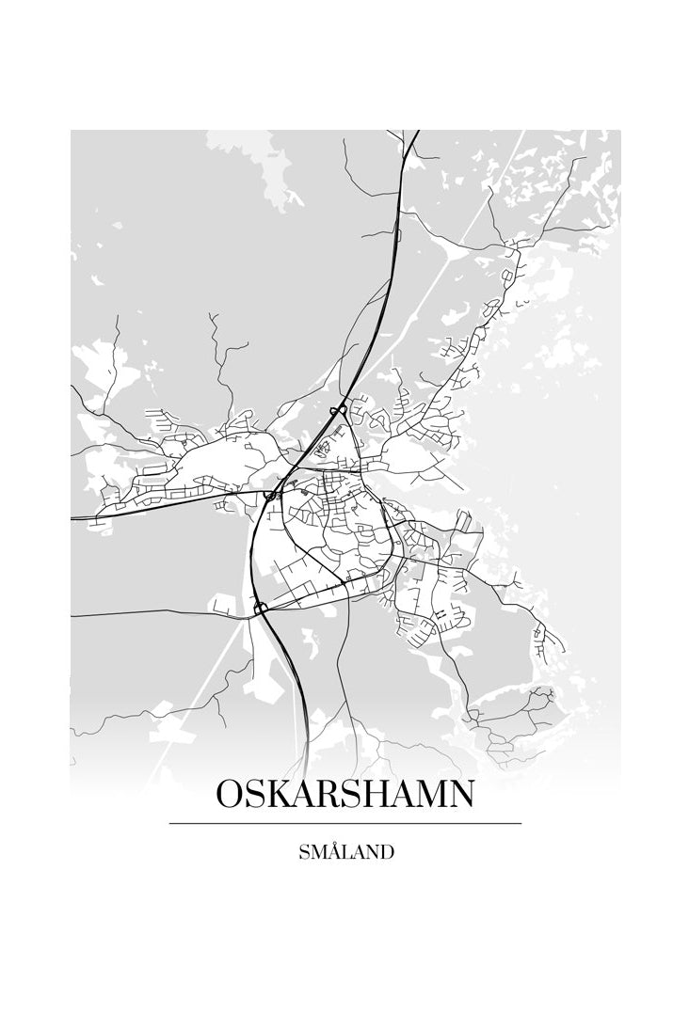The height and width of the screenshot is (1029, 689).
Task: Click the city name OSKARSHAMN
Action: (x=344, y=794)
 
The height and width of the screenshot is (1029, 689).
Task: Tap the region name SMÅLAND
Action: (x=345, y=853)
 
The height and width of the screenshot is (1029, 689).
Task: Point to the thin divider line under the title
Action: (x=344, y=823)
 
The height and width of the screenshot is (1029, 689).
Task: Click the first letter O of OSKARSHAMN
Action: (x=231, y=794)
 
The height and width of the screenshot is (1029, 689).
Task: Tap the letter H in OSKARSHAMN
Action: (x=380, y=794)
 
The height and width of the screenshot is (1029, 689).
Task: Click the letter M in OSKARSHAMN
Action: (x=433, y=794)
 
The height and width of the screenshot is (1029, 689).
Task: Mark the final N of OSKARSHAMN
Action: (x=462, y=794)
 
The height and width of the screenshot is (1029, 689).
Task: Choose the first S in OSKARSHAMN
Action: (x=255, y=794)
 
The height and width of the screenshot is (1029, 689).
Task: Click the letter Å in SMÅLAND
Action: (x=333, y=852)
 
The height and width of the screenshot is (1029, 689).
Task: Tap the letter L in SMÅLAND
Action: (x=346, y=853)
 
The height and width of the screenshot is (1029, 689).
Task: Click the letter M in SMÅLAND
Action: (x=317, y=853)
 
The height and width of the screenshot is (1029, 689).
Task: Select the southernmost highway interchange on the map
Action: (x=261, y=609)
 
